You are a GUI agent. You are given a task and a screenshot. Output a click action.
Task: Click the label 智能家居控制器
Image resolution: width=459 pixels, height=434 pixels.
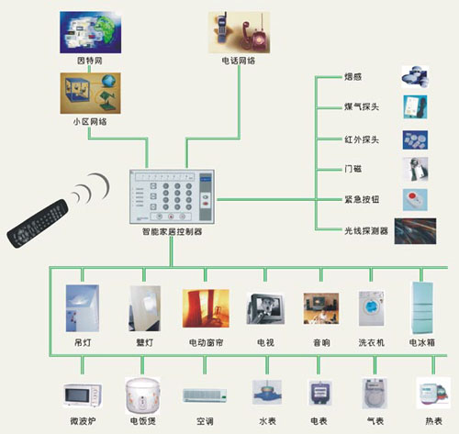pos(173,232)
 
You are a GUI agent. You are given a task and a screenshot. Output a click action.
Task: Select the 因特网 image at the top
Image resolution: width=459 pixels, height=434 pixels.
pos(90,32)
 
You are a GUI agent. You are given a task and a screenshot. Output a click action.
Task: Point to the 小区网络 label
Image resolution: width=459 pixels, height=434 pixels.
pos(89,120)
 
